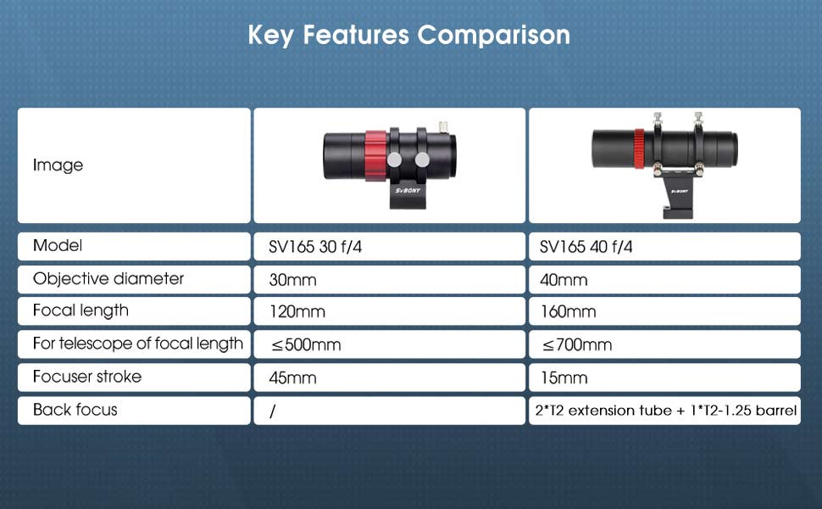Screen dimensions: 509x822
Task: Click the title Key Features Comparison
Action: point(409,35)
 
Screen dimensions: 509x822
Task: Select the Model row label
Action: point(57,246)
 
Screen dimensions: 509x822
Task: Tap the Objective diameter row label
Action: point(108,278)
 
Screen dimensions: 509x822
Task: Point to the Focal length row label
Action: point(81,310)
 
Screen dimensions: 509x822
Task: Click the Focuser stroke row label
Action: point(86,377)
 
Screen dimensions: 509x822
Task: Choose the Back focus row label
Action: point(75,410)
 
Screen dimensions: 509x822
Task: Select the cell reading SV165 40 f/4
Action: point(586,247)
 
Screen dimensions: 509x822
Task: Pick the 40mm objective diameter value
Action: point(564,279)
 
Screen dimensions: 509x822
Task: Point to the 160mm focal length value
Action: point(568,311)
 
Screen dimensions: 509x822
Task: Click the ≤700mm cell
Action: point(575,344)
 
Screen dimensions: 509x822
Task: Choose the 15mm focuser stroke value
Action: point(564,378)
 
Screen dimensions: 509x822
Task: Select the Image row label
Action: point(58,165)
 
